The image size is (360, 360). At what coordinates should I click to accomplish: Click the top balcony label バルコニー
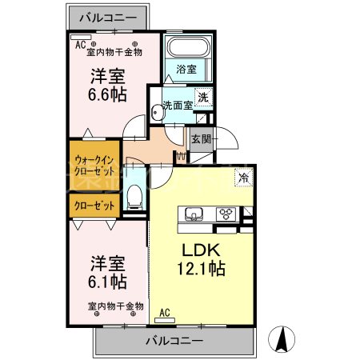(106, 16)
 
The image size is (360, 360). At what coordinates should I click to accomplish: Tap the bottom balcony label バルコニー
(174, 342)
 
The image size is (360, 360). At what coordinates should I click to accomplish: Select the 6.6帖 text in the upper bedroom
(106, 94)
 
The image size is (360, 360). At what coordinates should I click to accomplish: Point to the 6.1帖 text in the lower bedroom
(107, 281)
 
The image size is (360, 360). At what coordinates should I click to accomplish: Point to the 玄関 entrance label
(200, 139)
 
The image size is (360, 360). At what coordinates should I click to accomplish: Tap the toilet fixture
(135, 194)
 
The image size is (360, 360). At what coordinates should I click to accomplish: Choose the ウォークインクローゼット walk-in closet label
(94, 163)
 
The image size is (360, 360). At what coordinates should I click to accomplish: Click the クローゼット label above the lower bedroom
(94, 206)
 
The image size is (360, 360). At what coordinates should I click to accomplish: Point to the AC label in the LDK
(165, 313)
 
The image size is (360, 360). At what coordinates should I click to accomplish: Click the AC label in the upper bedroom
(80, 46)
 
